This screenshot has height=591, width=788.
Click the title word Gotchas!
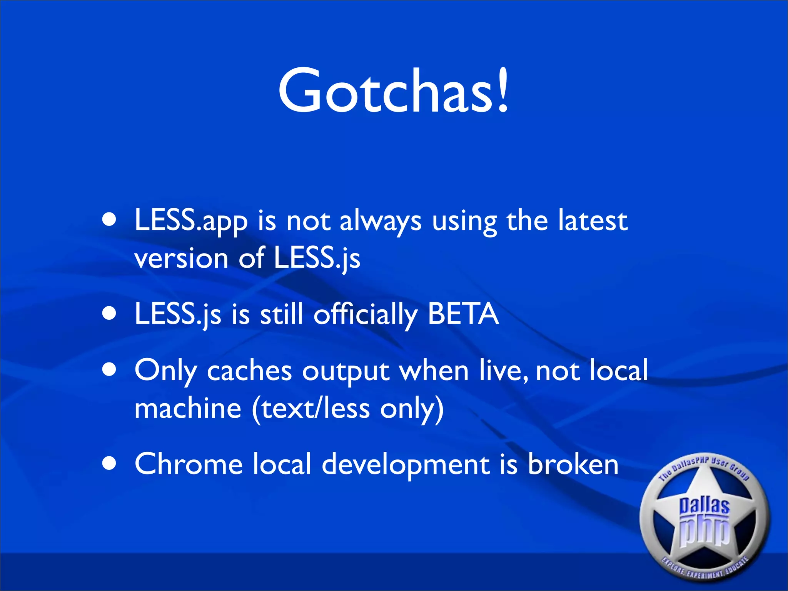(393, 91)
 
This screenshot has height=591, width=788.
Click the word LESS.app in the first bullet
(191, 221)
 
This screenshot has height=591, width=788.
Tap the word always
(380, 222)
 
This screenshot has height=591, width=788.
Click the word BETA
(463, 314)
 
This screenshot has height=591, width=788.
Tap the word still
(281, 314)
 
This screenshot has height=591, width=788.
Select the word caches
(249, 371)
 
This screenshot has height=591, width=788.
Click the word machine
(188, 408)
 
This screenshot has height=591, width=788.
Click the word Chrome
(189, 464)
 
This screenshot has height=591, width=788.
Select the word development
(406, 465)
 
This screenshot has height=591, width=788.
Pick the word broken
(573, 464)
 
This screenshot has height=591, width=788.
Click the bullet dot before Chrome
(110, 464)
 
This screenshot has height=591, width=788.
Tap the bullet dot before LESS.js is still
(110, 314)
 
